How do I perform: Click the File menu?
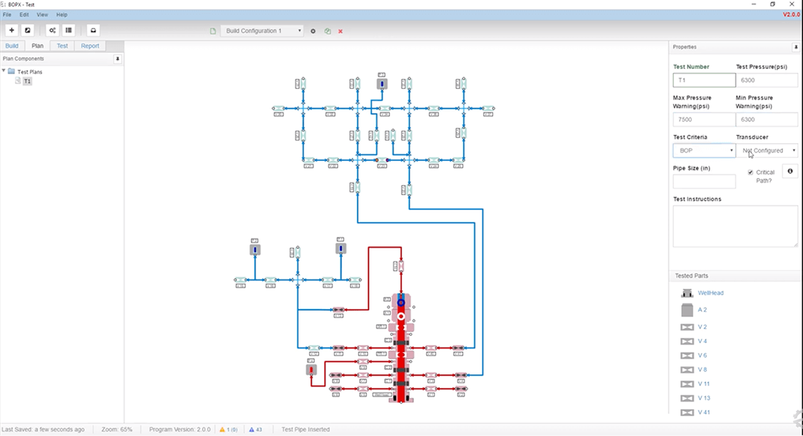[7, 14]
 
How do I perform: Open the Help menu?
[61, 14]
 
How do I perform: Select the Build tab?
[12, 46]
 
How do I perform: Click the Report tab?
[90, 46]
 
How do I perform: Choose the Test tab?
[62, 46]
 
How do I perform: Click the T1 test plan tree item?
[28, 82]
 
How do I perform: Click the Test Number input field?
[704, 80]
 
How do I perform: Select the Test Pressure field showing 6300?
[766, 80]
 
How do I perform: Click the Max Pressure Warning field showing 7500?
[704, 119]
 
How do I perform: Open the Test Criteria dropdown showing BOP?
[704, 151]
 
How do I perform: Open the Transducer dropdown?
[766, 151]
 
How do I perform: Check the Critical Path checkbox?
[750, 173]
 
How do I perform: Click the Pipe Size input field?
[704, 182]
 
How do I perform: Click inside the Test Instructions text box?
[735, 226]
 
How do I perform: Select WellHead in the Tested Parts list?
[711, 293]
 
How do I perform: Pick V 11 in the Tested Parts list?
[704, 384]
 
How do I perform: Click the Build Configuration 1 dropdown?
[263, 31]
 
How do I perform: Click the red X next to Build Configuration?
[341, 31]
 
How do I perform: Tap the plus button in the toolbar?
[11, 30]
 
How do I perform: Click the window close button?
[792, 4]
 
